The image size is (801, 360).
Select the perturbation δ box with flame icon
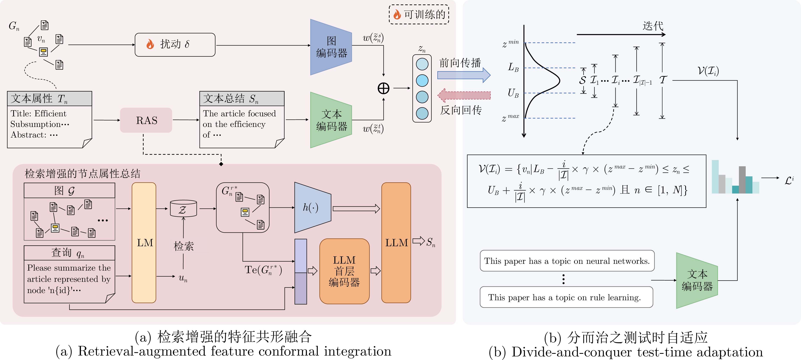pyautogui.click(x=175, y=45)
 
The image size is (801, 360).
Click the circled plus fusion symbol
pyautogui.click(x=383, y=88)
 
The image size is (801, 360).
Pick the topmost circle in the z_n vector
pyautogui.click(x=422, y=64)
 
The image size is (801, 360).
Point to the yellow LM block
pyautogui.click(x=144, y=242)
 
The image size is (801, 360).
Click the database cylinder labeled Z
pyautogui.click(x=184, y=208)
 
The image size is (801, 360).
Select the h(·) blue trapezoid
pyautogui.click(x=313, y=207)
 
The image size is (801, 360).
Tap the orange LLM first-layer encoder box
pyautogui.click(x=344, y=271)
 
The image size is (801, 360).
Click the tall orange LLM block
pyautogui.click(x=396, y=242)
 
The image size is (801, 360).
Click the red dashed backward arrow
pyautogui.click(x=464, y=95)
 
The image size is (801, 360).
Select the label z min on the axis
pyautogui.click(x=510, y=43)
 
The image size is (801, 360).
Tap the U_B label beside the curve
pyautogui.click(x=513, y=93)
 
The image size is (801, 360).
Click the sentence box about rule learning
pyautogui.click(x=566, y=297)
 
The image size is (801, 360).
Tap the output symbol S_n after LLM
pyautogui.click(x=431, y=242)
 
